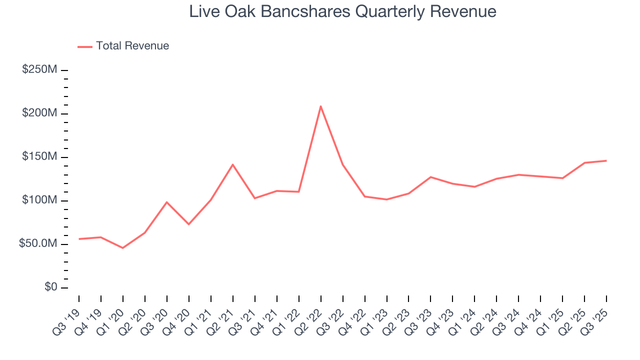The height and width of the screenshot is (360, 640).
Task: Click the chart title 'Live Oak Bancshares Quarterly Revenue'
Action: coord(342,11)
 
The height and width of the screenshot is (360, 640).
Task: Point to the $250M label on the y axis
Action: coord(39,69)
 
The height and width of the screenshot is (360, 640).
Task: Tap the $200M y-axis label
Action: coord(39,113)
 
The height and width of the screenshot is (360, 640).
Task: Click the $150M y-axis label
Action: coord(39,157)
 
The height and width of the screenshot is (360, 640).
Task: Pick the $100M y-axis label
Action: coord(39,200)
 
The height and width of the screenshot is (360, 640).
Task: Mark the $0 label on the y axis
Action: coord(49,287)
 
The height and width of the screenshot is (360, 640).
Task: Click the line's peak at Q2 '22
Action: coord(320,106)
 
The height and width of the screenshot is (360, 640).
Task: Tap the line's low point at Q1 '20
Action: coord(122,248)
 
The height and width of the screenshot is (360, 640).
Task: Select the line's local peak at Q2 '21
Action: coord(233,164)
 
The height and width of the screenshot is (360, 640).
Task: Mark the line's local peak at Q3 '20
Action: coord(167,202)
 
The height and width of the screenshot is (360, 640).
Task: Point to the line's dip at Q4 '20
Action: coord(189,224)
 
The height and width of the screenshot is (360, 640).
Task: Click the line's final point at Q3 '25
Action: coord(606,160)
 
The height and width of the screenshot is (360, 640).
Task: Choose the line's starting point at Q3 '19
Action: coord(79,239)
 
